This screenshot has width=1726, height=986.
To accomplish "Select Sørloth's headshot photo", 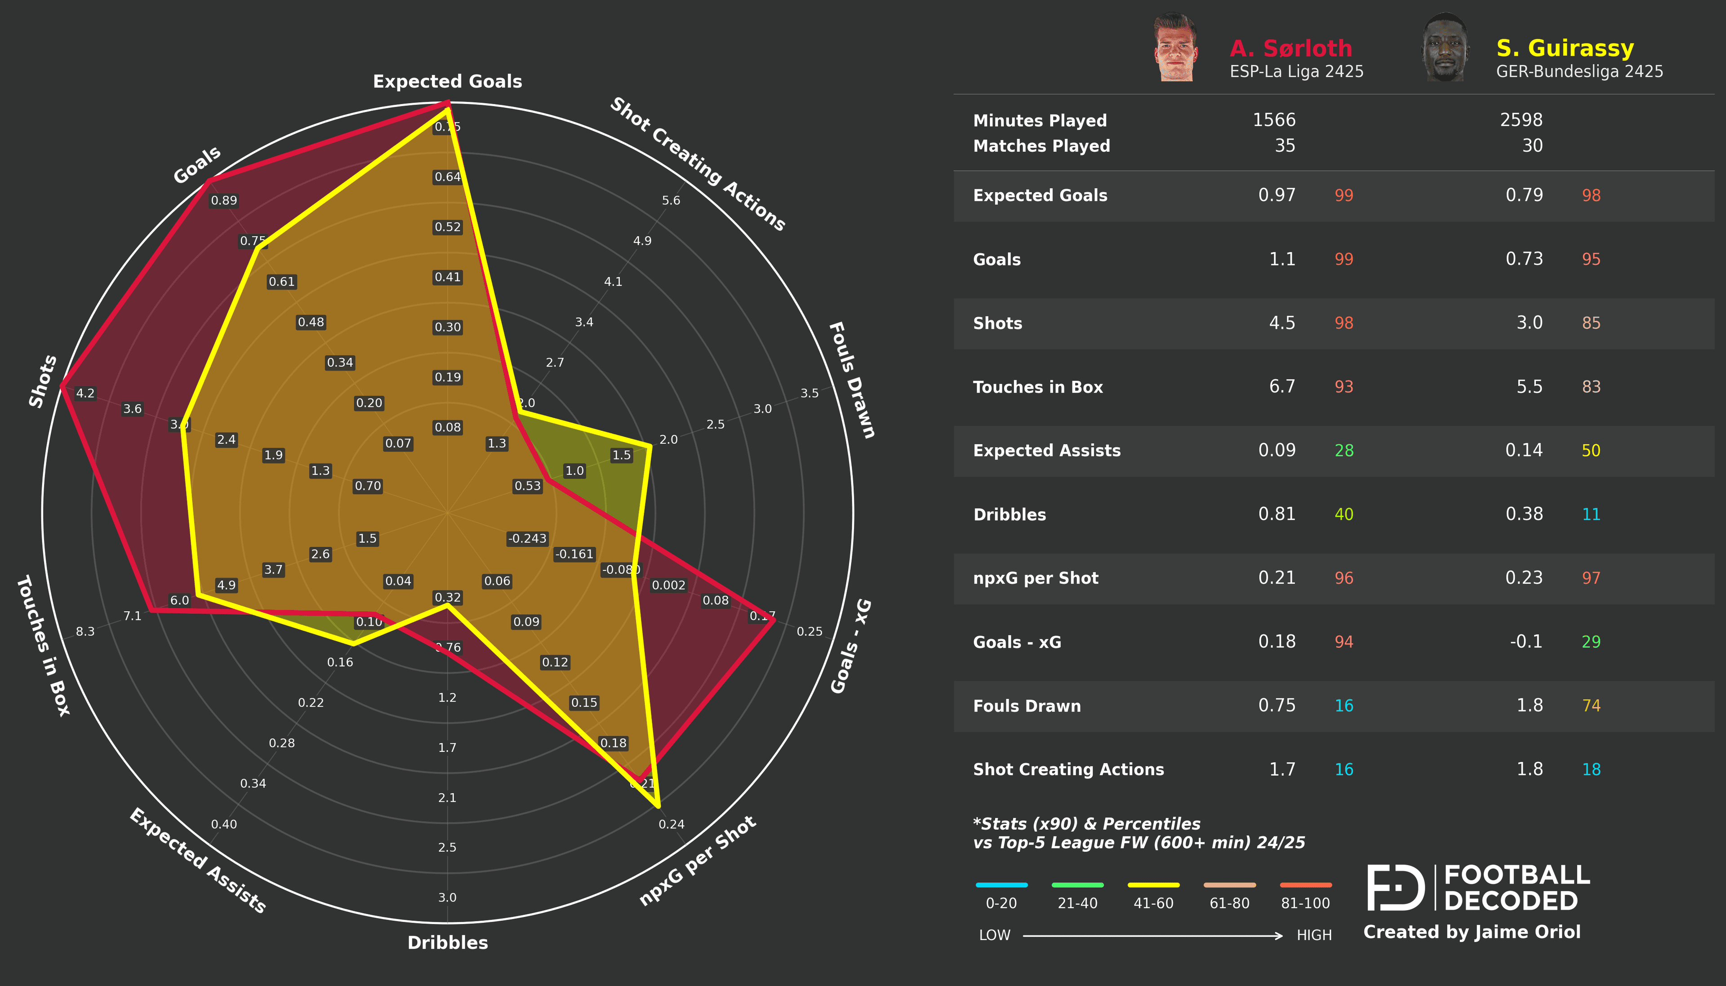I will point(1176,48).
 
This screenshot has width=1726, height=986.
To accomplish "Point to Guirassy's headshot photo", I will point(1445,48).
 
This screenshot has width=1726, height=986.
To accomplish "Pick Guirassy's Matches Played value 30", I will point(1532,146).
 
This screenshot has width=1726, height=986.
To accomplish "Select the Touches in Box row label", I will point(1038,387).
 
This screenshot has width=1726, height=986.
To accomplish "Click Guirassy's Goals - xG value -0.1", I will point(1526,641).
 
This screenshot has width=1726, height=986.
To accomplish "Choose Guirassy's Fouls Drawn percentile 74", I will point(1591,706).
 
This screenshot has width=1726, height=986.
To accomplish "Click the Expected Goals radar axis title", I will point(447,81).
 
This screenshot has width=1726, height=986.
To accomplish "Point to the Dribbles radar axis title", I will point(447,942).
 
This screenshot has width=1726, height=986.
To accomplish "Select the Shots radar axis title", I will point(43,381).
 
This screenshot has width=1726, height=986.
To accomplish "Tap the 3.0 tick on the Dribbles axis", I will point(447,898).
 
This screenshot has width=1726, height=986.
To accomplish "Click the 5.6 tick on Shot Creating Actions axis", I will point(671,200).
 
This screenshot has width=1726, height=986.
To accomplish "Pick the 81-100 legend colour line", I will point(1305,884).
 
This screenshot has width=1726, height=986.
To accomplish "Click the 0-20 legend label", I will point(1001,903).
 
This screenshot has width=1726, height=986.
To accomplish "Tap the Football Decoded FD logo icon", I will point(1396,887).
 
